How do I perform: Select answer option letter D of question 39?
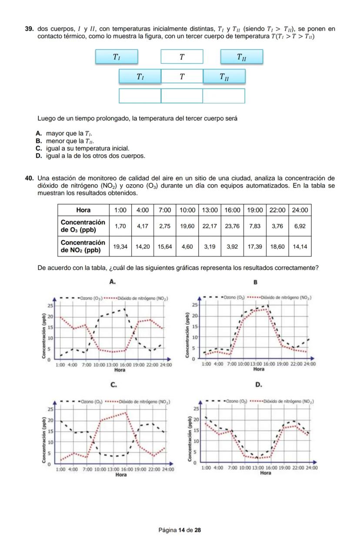39,156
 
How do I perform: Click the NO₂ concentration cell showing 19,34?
120,246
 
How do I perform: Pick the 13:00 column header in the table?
210,210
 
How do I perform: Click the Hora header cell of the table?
83,210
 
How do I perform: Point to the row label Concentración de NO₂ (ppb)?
83,246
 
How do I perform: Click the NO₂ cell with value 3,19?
210,246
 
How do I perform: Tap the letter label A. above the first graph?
113,282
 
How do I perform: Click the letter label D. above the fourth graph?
258,385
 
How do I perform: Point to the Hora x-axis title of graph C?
121,474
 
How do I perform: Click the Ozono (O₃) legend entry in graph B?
234,298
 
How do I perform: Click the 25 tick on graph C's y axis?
50,409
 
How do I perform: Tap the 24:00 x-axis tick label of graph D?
311,468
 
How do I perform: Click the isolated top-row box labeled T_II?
241,57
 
